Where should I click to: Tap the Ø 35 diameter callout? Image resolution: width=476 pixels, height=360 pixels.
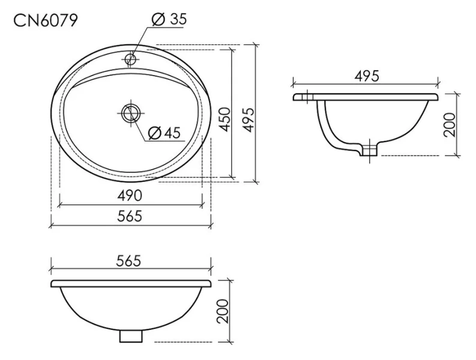click(169, 19)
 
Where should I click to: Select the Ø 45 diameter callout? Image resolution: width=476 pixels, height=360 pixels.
click(164, 133)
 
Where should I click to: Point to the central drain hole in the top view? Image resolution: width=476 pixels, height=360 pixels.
click(130, 112)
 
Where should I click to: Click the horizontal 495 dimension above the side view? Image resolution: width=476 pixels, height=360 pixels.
click(366, 76)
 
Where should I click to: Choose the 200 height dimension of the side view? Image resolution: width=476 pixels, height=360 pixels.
click(450, 124)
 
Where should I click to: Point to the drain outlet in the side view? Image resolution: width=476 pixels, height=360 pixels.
click(370, 150)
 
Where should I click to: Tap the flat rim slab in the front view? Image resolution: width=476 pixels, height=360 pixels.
click(130, 283)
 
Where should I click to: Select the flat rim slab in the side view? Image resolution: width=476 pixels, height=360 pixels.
click(366, 97)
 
